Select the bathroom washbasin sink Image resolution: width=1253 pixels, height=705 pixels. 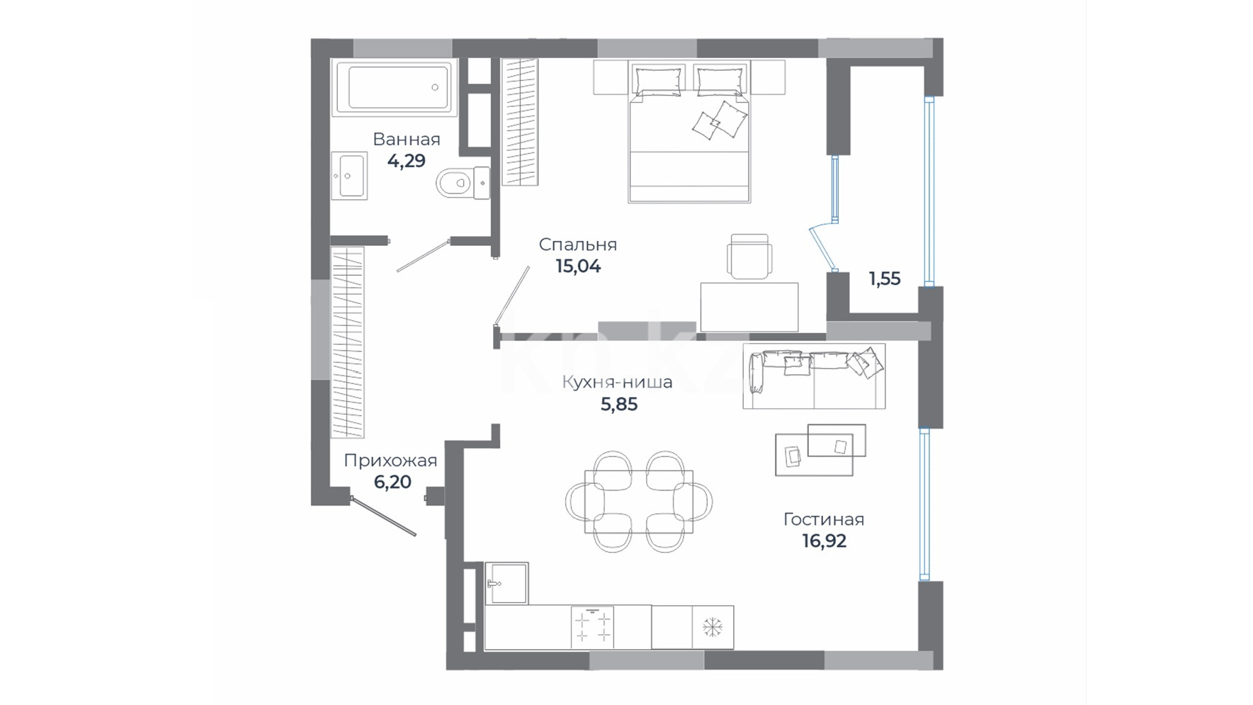pyautogui.click(x=350, y=174)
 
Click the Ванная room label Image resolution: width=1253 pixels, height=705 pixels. pyautogui.click(x=407, y=139)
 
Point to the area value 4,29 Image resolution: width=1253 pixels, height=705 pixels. pyautogui.click(x=407, y=161)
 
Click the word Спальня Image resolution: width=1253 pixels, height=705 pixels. pyautogui.click(x=578, y=244)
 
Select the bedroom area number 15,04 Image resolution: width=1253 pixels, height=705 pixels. pyautogui.click(x=578, y=266)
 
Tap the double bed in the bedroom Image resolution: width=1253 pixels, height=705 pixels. pyautogui.click(x=689, y=132)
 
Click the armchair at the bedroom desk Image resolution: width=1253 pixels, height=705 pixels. pyautogui.click(x=749, y=256)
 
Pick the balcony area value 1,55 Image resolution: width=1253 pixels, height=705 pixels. pyautogui.click(x=885, y=279)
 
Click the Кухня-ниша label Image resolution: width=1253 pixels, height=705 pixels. pyautogui.click(x=618, y=383)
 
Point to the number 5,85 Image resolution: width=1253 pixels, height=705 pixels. pyautogui.click(x=619, y=405)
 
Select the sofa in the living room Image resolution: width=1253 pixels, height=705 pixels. pyautogui.click(x=814, y=376)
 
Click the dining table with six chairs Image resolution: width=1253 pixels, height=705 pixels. pyautogui.click(x=639, y=502)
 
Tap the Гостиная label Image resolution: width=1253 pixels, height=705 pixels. pyautogui.click(x=824, y=519)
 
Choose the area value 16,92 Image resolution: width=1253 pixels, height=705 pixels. pyautogui.click(x=824, y=541)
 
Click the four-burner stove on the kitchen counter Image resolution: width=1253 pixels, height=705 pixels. pyautogui.click(x=592, y=627)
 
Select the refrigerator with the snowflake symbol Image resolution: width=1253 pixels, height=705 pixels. pyautogui.click(x=713, y=627)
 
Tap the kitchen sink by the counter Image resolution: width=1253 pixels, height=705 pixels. pyautogui.click(x=506, y=583)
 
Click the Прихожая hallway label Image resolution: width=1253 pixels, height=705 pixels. pyautogui.click(x=390, y=461)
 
